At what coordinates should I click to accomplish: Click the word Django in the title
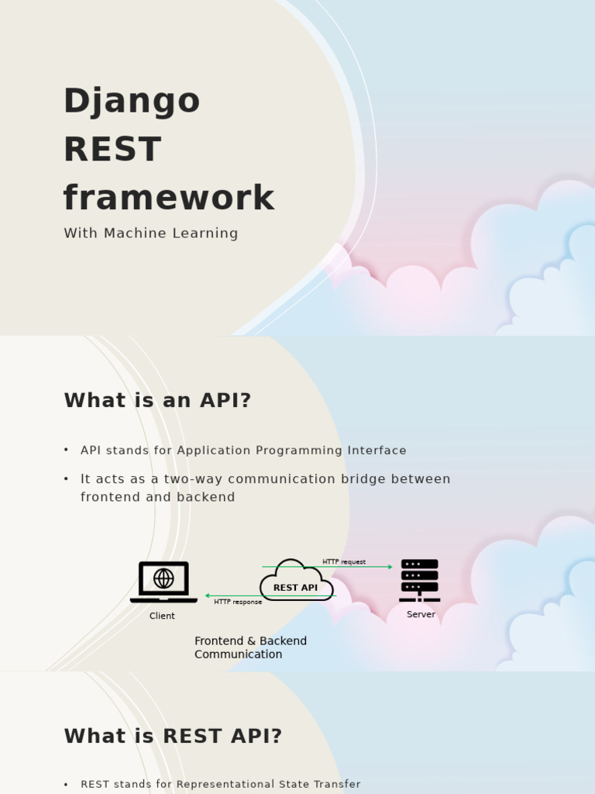click(x=131, y=102)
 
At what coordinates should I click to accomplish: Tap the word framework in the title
click(x=168, y=198)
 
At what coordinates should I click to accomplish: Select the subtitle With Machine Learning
click(x=150, y=233)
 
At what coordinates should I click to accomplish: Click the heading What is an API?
click(x=157, y=401)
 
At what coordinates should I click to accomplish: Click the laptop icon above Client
click(x=163, y=582)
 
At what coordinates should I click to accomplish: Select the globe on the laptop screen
click(x=163, y=578)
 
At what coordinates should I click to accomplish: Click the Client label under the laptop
click(x=162, y=616)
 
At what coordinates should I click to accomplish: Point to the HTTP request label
click(x=344, y=562)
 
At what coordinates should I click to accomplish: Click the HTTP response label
click(x=238, y=602)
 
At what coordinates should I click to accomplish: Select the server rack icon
click(x=419, y=580)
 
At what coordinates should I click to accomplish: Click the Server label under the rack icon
click(x=421, y=614)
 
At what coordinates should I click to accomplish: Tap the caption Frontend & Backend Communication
click(x=250, y=647)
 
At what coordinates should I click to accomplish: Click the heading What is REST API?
click(x=173, y=737)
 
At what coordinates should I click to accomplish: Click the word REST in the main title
click(x=112, y=150)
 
